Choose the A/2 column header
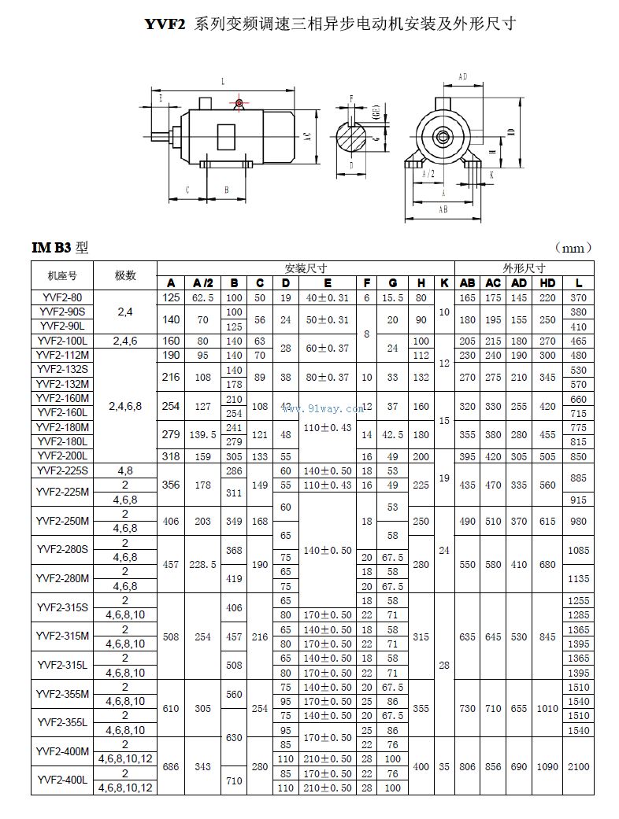pos(203,283)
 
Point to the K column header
pos(445,283)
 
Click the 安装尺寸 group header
pos(306,267)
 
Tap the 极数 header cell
pos(125,275)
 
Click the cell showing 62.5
pos(203,297)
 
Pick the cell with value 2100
pos(577,766)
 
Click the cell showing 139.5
pos(203,434)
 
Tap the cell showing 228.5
pos(203,564)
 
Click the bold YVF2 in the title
pos(165,24)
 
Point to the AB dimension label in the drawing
pos(443,209)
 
